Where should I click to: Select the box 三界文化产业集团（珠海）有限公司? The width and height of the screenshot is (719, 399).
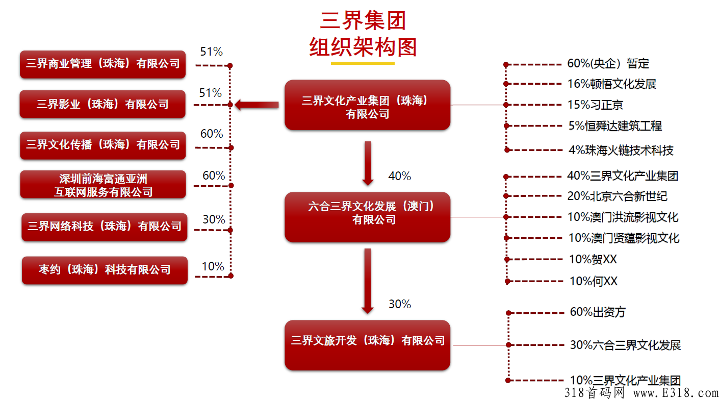coord(367,105)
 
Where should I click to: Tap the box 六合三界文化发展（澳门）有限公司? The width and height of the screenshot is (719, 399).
coord(367,216)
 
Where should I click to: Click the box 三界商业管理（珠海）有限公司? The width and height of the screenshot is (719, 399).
coord(102,64)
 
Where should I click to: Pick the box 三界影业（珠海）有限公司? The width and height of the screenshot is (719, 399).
coord(102,104)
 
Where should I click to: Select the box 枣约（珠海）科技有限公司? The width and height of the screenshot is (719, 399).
coord(105,270)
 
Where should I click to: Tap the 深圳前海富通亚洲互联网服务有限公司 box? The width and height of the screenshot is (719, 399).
coord(103,185)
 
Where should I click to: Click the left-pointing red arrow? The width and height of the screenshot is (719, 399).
coord(256,105)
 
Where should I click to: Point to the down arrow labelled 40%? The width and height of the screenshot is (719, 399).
coord(368,163)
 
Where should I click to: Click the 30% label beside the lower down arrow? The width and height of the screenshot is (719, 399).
coord(399,304)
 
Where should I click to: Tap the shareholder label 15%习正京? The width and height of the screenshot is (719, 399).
coord(595,105)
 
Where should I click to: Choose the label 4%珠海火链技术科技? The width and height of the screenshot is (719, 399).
coord(621,150)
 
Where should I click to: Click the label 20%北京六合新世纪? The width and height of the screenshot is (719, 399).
coord(617,196)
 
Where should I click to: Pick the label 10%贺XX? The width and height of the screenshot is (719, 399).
coord(593,259)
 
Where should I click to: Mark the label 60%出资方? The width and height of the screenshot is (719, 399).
coord(597,312)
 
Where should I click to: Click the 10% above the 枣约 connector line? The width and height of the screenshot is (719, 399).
coord(213,266)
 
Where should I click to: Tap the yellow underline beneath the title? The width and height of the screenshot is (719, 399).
coord(363,63)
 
